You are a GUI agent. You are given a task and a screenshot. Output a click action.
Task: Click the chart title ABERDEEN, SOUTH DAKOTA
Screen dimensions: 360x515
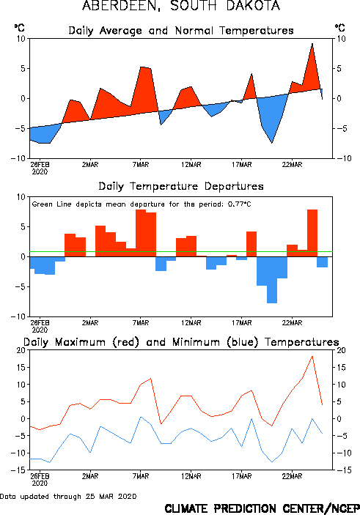pos(181,6)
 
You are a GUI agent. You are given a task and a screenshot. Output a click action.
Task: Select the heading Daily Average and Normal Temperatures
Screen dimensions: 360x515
pos(181,31)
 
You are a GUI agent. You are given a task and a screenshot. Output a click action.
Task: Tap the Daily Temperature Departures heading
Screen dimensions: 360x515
pos(181,186)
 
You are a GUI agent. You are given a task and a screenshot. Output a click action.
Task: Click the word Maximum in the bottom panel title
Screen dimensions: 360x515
pos(80,342)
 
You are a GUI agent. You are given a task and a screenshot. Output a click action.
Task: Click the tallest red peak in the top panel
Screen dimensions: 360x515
pos(312,44)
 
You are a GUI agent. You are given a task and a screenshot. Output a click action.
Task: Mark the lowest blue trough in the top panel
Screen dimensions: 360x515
pos(272,143)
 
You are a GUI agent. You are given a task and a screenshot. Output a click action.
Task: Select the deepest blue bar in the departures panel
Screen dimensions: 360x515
pos(272,280)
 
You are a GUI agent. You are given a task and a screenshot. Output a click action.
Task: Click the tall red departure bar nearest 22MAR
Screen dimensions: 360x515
pos(312,233)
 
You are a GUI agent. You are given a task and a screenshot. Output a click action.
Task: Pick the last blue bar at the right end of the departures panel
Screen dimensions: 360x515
pos(323,262)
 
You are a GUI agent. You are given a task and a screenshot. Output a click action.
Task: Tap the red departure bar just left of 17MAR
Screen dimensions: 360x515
pos(232,256)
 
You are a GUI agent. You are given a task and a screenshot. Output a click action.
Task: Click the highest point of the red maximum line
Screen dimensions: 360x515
pos(312,356)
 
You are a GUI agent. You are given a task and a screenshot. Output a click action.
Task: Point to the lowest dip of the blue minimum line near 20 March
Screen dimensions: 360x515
pos(272,462)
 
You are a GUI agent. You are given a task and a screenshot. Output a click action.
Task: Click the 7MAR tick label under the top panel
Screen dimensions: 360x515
pos(141,165)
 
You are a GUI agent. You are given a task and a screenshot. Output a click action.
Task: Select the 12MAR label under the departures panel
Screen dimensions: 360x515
pos(191,323)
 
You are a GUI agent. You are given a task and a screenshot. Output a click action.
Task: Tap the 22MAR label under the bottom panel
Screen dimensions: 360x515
pos(292,476)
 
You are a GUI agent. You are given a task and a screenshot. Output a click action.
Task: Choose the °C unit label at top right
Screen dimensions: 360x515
pos(340,28)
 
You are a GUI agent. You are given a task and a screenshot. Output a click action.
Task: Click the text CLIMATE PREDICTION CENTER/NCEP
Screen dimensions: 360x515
pos(262,508)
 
